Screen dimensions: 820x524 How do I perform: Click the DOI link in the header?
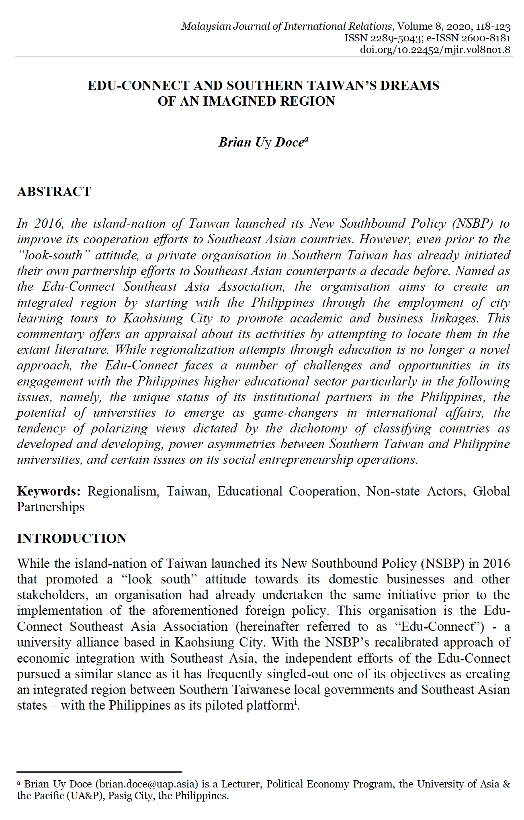click(435, 49)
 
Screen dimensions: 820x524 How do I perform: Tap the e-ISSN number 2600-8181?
click(486, 38)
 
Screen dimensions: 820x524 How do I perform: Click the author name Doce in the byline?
click(289, 142)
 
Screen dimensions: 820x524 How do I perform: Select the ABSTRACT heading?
click(54, 192)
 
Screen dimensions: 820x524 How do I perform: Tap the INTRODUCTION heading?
click(72, 539)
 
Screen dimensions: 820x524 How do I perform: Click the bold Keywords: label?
click(49, 491)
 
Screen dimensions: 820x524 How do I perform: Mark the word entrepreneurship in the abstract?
click(305, 459)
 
